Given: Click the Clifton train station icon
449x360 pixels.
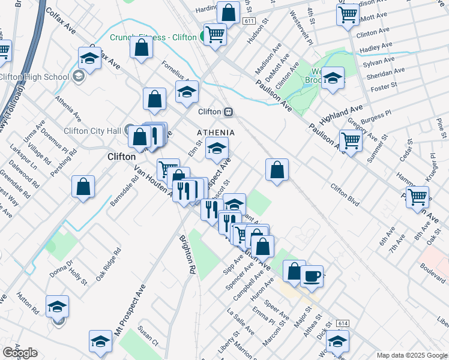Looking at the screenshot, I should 228,112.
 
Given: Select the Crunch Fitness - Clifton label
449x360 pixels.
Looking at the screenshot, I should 153,37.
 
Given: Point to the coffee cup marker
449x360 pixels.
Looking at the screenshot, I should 311,277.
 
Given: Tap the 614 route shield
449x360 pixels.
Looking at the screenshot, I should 343,323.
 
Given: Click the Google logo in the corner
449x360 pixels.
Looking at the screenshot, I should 20,353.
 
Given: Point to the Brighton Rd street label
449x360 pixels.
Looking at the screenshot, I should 187,254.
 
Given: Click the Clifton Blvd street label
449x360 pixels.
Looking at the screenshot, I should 345,195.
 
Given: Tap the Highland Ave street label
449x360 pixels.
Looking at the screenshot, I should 342,112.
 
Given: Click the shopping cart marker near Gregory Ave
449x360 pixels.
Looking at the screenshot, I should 351,141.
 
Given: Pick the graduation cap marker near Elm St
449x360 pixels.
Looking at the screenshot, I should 217,148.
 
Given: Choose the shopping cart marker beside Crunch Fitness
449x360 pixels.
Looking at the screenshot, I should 214,34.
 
